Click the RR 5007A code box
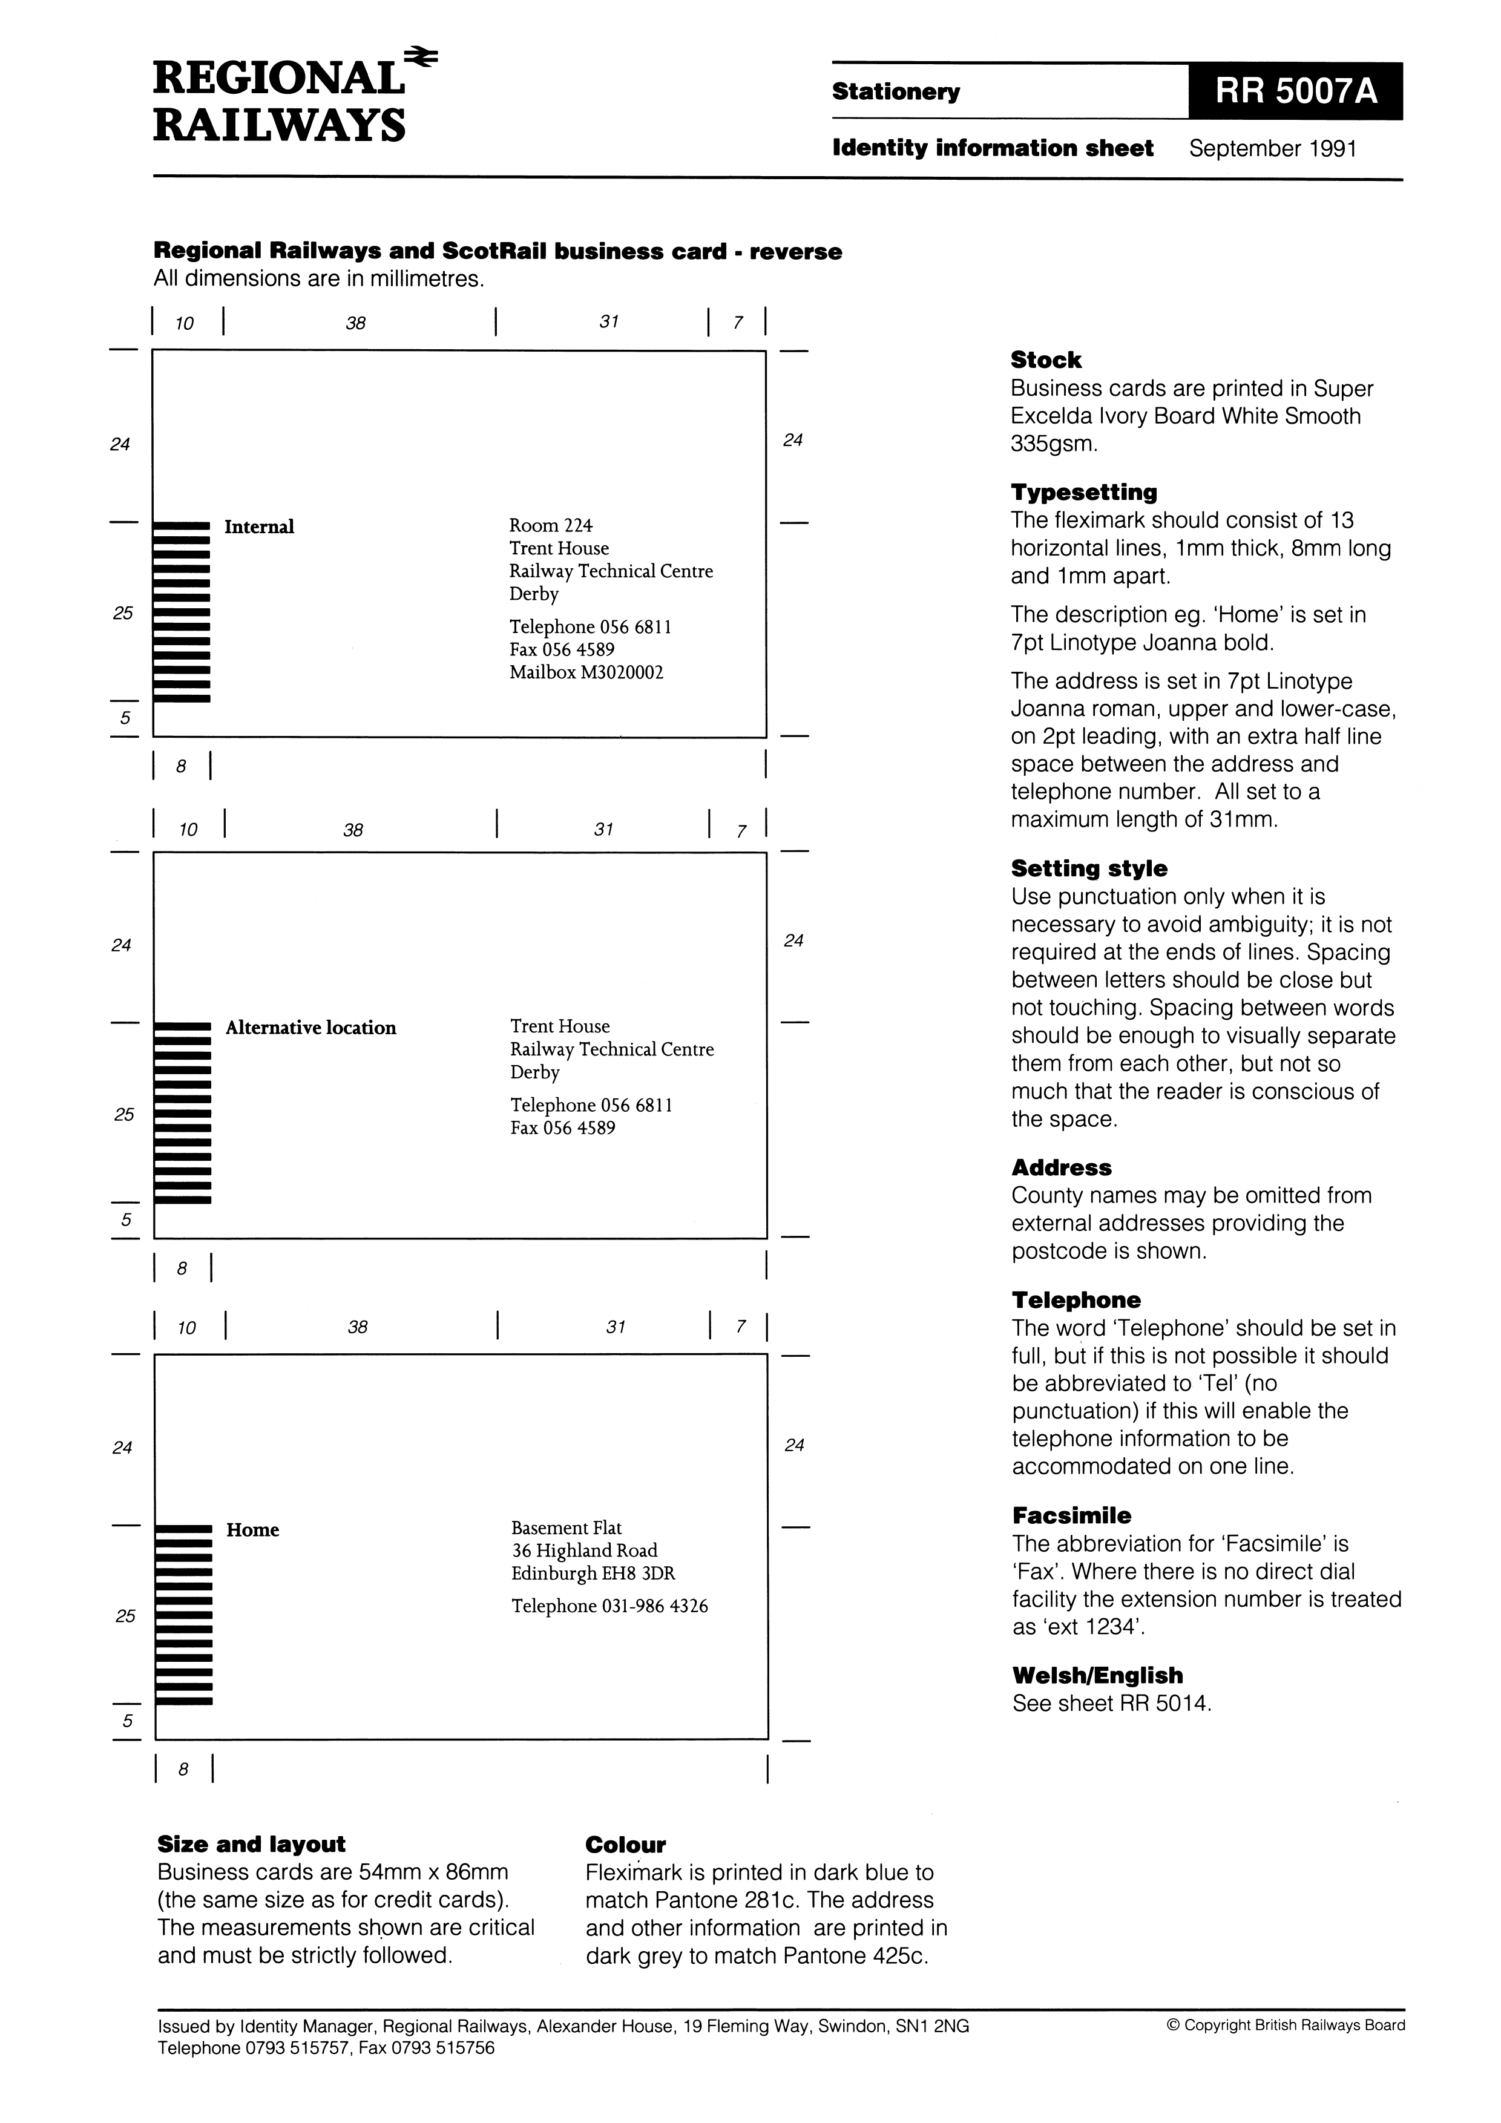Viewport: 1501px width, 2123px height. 1295,91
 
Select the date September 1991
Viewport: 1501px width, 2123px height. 1273,149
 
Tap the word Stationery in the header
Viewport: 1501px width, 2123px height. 895,91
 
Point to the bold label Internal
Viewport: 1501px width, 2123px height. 259,527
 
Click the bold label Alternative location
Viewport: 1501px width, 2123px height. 310,1028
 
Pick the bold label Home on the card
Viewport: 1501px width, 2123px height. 252,1531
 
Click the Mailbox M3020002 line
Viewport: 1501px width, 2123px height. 586,672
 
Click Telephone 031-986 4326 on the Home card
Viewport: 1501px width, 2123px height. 609,1606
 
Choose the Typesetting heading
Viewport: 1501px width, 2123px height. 1083,492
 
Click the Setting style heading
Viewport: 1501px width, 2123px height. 1088,868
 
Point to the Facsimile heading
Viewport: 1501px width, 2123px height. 1071,1515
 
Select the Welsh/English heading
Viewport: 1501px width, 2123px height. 1097,1676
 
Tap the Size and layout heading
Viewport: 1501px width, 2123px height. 252,1844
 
